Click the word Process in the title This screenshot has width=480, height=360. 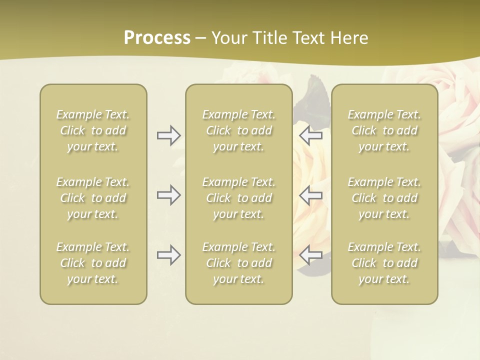coord(157,38)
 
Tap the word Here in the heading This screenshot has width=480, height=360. coord(349,38)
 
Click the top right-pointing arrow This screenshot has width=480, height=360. coord(168,135)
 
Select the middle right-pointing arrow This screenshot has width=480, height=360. coord(168,195)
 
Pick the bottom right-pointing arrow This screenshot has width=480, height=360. coord(168,255)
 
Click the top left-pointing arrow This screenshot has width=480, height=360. coord(311,135)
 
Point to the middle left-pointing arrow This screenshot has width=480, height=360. coord(311,195)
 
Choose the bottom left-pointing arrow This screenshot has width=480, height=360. coord(311,255)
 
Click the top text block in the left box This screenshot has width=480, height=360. coord(93,130)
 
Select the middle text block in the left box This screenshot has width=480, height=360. coord(93,198)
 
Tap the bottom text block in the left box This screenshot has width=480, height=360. coord(93,263)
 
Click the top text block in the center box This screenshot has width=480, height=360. coord(239,130)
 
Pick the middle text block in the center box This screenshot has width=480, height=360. coord(239,198)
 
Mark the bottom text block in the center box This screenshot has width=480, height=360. coord(239,263)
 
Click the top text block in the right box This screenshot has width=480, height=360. coord(384,130)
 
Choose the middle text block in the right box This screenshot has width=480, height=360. coord(384,198)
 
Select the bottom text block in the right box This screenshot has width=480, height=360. coord(384,263)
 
